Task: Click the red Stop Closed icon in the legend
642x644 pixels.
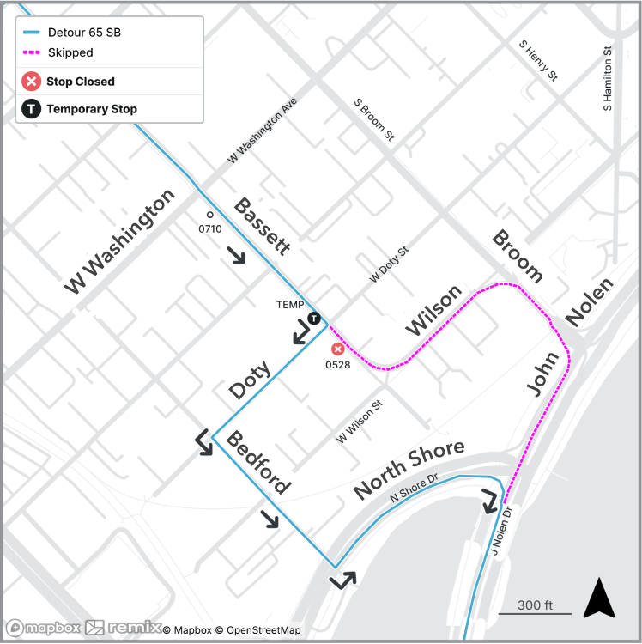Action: pyautogui.click(x=32, y=82)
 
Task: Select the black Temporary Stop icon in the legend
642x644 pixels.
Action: pyautogui.click(x=32, y=109)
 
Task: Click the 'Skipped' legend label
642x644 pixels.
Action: pyautogui.click(x=70, y=52)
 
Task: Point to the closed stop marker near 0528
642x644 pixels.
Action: pyautogui.click(x=338, y=349)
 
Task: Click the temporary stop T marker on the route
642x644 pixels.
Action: pyautogui.click(x=314, y=318)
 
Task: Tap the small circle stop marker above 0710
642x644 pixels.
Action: pyautogui.click(x=209, y=215)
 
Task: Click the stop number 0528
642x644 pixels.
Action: pyautogui.click(x=338, y=365)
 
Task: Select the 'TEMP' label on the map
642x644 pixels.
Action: pyautogui.click(x=290, y=305)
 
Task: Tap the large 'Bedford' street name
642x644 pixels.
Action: pyautogui.click(x=257, y=463)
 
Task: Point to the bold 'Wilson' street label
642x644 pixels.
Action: pyautogui.click(x=433, y=311)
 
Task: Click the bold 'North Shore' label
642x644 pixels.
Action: pyautogui.click(x=409, y=469)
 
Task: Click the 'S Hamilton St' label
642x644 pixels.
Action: pyautogui.click(x=608, y=78)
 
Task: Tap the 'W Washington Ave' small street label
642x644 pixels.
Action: pyautogui.click(x=262, y=131)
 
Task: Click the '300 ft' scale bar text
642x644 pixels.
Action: pyautogui.click(x=535, y=605)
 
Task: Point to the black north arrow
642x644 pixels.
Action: pyautogui.click(x=599, y=598)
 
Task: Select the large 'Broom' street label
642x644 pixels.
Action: pyautogui.click(x=518, y=256)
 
